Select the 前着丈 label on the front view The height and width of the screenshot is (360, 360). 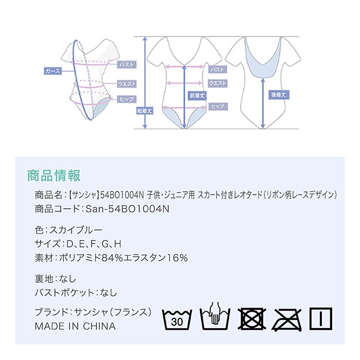click(x=197, y=95)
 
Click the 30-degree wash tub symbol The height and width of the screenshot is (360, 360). click(x=177, y=320)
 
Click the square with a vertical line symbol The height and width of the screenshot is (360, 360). click(x=321, y=319)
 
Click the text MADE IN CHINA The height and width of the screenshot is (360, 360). click(x=75, y=326)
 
